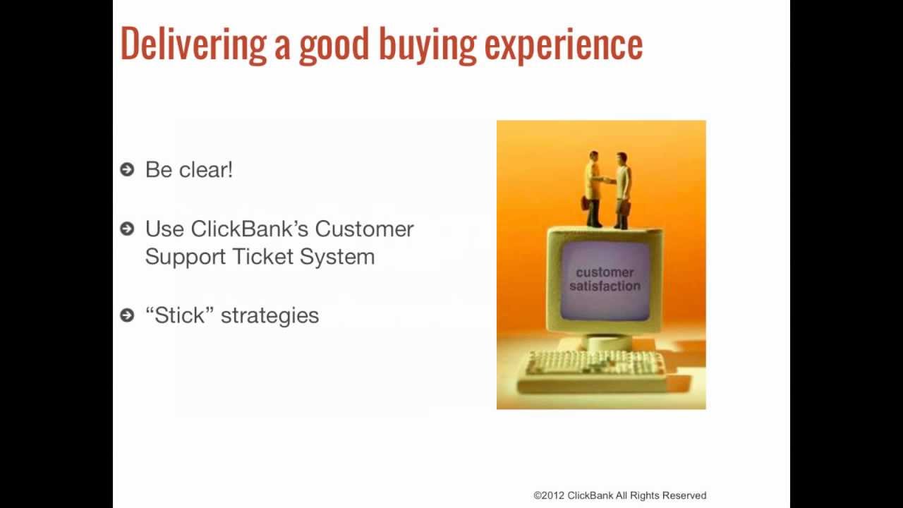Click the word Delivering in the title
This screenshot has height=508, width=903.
(x=193, y=44)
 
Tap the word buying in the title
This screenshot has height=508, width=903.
(x=428, y=44)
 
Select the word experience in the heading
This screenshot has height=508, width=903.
(x=564, y=46)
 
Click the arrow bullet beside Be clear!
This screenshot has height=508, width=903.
(x=127, y=169)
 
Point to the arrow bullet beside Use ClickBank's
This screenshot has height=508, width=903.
(x=127, y=229)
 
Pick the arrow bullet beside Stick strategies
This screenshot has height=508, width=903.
(x=127, y=315)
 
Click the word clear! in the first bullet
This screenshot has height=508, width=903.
(x=206, y=169)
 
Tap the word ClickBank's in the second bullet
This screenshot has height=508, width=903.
(x=250, y=229)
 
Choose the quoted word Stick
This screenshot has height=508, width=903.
(x=179, y=315)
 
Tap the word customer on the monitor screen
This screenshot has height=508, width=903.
(x=605, y=272)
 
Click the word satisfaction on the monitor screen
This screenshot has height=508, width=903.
(x=605, y=286)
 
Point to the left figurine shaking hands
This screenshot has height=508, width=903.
(x=593, y=188)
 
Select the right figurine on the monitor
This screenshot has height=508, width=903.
(x=622, y=190)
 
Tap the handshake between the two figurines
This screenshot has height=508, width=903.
(x=607, y=180)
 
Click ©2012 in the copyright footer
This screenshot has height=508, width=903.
(x=549, y=495)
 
